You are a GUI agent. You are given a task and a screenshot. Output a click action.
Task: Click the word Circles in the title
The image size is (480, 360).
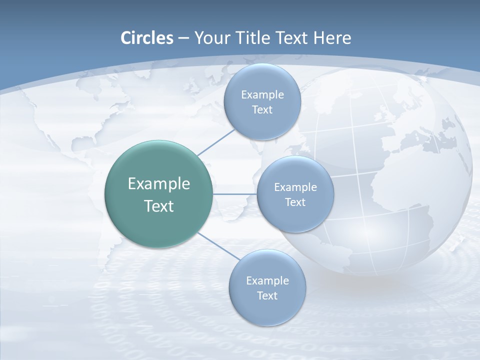tap(146, 38)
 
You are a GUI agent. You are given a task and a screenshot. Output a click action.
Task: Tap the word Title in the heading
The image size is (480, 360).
tap(253, 38)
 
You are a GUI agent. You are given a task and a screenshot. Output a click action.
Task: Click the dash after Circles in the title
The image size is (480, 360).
tap(183, 38)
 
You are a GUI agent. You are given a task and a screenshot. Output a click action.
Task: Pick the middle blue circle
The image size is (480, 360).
tap(295, 215)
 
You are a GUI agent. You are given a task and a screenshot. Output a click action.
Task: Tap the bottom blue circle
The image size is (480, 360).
tap(267, 310)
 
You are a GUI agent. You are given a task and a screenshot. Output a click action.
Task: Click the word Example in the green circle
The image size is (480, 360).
tap(159, 183)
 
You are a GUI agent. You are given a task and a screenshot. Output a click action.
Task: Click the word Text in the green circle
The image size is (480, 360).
tap(159, 206)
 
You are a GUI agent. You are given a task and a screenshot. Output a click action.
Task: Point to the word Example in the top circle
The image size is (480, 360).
tap(262, 94)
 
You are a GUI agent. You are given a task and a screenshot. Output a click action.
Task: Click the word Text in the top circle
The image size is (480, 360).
tap(262, 109)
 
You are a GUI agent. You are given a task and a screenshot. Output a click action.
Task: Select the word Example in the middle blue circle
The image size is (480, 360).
tap(295, 187)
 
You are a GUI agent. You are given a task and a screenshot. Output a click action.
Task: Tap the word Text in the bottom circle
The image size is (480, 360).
tap(267, 295)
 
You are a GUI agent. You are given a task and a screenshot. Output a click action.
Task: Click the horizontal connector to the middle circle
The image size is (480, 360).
tap(234, 194)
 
